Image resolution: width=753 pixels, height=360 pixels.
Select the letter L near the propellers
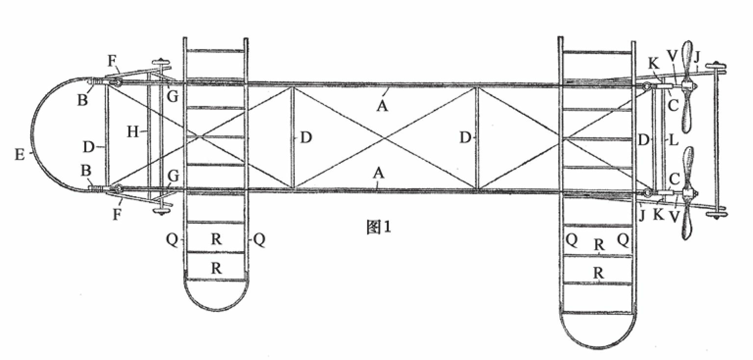674,140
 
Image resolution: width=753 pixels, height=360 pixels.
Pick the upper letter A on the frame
382,105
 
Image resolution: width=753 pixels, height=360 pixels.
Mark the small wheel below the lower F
161,211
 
